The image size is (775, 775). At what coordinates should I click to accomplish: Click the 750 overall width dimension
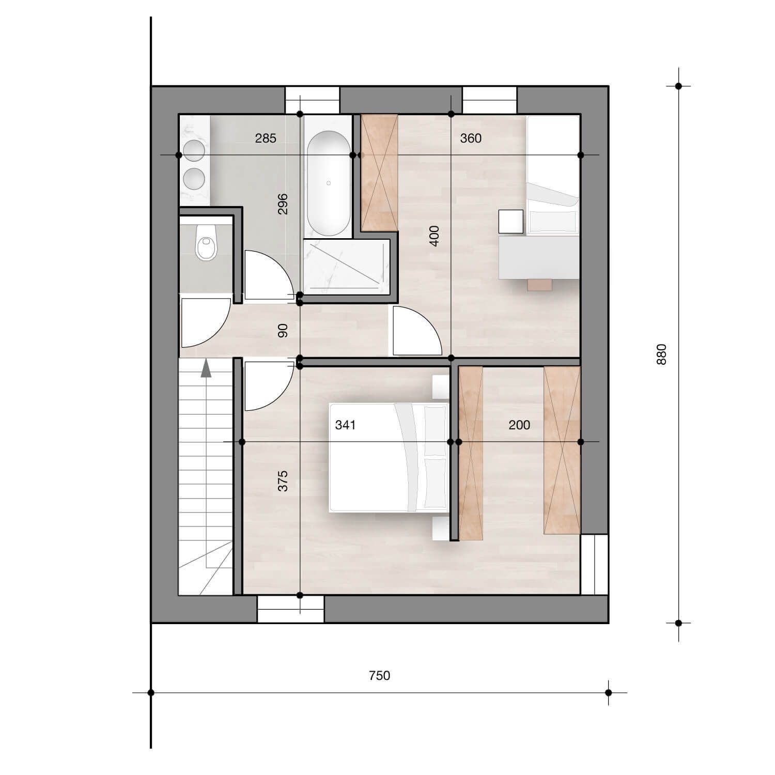pos(379,675)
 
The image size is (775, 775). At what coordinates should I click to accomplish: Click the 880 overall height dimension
pos(662,354)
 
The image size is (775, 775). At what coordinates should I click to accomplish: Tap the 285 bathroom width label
pos(266,138)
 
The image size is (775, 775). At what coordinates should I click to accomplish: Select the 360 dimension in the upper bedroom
pos(471,138)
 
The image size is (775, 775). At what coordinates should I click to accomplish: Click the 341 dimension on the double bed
pos(345,425)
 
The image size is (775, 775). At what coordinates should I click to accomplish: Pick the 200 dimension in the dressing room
pos(519,425)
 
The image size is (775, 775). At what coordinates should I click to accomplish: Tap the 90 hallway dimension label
pos(283,331)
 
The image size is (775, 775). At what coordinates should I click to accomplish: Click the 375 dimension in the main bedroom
pos(283,481)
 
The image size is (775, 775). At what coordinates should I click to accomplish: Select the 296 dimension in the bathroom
pos(283,204)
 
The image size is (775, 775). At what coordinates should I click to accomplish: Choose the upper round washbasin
pos(195,150)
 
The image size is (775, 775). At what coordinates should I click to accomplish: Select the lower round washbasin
pos(195,178)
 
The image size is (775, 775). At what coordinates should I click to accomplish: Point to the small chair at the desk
pos(540,284)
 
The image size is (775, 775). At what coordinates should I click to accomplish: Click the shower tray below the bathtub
pos(346,268)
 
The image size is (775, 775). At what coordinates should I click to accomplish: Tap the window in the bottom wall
pos(291,609)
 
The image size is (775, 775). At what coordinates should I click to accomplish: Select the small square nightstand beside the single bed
pos(511,221)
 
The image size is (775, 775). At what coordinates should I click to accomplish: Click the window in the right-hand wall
pos(594,564)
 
